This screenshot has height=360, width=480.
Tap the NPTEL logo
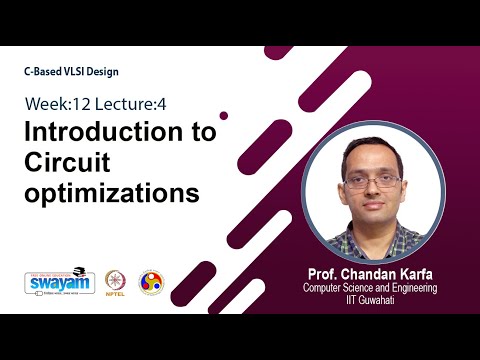pos(115,281)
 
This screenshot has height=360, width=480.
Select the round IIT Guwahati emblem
pos(151,281)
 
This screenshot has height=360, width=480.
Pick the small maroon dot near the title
pos(224,115)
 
